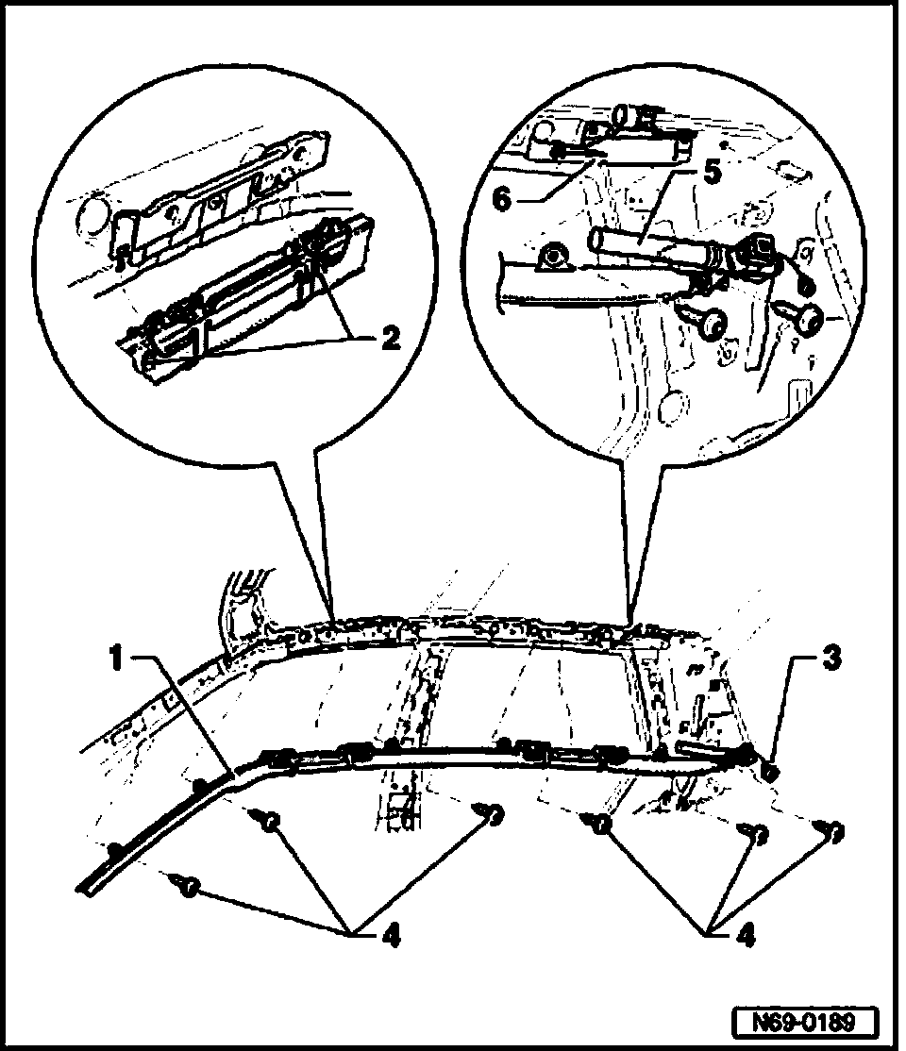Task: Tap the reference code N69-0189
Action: coord(803,1021)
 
